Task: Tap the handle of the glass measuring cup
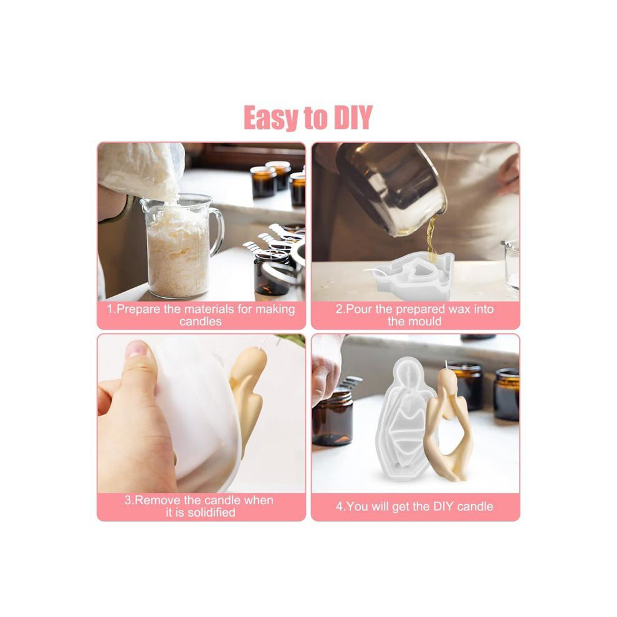pyautogui.click(x=216, y=232)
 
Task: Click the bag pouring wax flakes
pyautogui.click(x=141, y=169)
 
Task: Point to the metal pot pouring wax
pyautogui.click(x=391, y=189)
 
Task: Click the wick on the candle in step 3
pyautogui.click(x=262, y=343)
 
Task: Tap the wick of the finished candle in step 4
pyautogui.click(x=446, y=365)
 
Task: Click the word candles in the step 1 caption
pyautogui.click(x=200, y=322)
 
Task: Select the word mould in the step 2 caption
pyautogui.click(x=425, y=322)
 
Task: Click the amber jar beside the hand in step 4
pyautogui.click(x=333, y=417)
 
